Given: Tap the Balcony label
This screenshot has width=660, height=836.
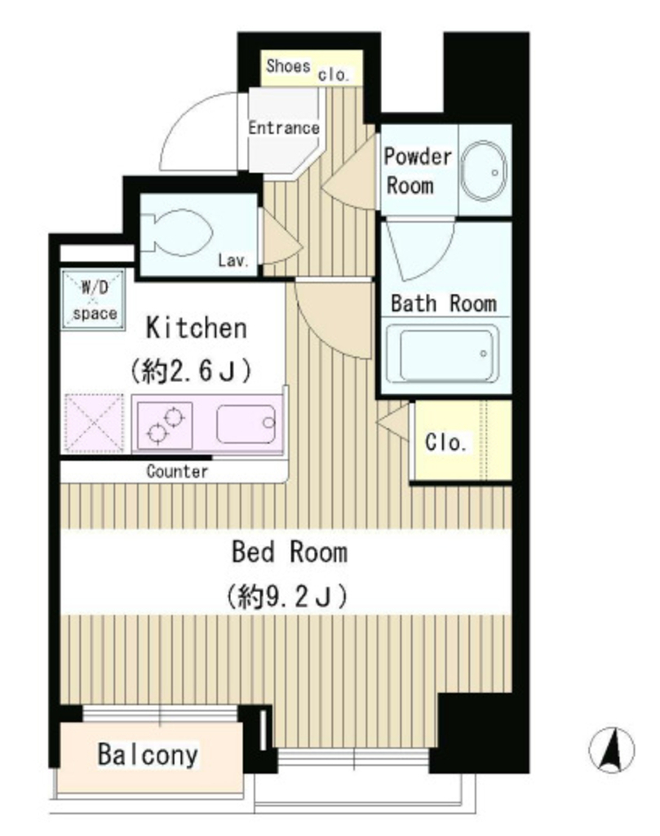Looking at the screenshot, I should tap(148, 755).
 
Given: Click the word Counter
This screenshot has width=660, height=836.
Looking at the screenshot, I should tap(177, 471).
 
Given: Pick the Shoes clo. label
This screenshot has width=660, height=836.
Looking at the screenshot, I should tap(308, 69).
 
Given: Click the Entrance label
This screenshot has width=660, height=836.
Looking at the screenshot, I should tap(283, 128).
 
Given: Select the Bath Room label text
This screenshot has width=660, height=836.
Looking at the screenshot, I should tap(443, 304).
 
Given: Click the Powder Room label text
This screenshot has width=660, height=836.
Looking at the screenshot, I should tap(418, 171).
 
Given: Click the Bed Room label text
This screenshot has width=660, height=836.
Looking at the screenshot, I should tap(289, 553).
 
